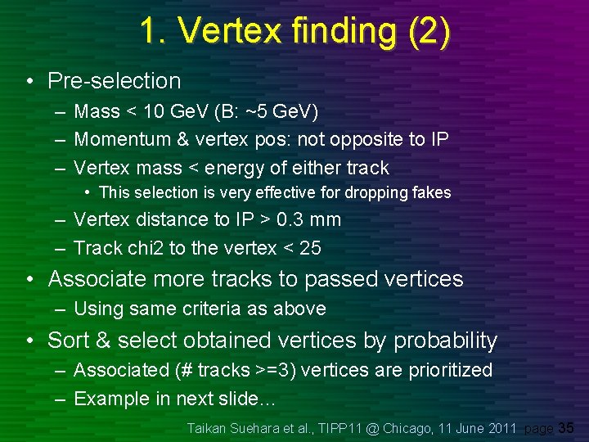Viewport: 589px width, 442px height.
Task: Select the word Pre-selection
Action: click(114, 81)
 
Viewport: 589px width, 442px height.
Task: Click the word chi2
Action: click(150, 248)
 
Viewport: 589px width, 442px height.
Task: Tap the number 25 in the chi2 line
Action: click(310, 248)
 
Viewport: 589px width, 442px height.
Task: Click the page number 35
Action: click(566, 427)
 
